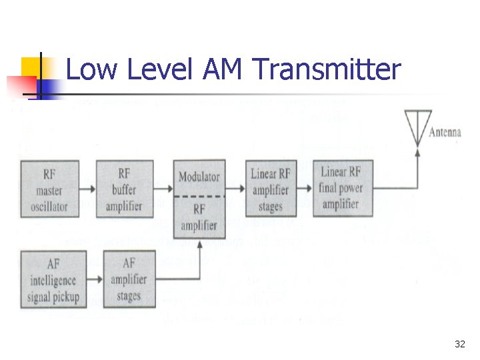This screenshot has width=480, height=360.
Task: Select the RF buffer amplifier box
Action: point(124,190)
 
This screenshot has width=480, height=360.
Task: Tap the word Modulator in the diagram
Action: point(199,177)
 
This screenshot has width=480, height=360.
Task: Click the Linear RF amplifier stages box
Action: point(270,190)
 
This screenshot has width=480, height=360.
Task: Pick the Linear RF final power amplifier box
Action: point(341,189)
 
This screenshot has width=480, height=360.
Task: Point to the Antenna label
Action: point(445,133)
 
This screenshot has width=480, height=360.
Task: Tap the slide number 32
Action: point(459,344)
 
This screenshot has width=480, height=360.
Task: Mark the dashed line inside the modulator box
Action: point(199,197)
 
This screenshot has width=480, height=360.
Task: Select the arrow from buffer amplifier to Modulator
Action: point(163,190)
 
